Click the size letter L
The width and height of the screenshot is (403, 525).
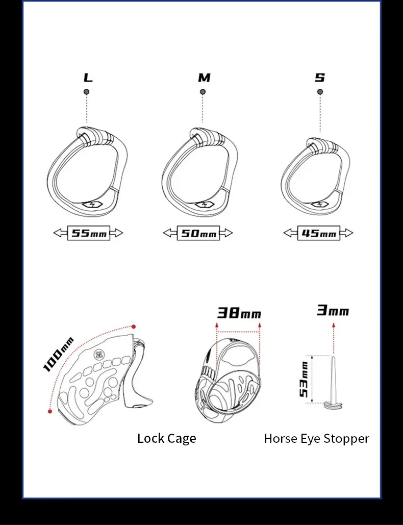coord(88,78)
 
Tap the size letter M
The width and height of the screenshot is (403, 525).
coord(204,78)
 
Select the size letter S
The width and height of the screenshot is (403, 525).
coord(320,78)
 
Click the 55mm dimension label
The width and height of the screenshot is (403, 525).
coord(88,233)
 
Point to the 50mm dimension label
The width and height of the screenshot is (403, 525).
coord(198,234)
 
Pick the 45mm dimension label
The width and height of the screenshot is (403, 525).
coord(318,233)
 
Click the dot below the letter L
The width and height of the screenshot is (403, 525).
coord(87,91)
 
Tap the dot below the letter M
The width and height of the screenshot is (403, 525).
coord(203,92)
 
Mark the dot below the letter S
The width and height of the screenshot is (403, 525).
coord(320,92)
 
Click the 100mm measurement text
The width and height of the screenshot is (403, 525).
coord(58,354)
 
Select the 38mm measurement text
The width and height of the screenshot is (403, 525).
coord(239,313)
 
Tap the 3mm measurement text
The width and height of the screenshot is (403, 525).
coord(333,310)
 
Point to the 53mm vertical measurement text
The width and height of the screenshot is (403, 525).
coord(304,380)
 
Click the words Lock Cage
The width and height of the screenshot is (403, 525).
coord(166,438)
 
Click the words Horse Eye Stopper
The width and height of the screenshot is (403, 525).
coord(316,438)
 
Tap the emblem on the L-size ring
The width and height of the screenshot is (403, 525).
coord(92,206)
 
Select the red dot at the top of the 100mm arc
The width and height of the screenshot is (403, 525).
coord(134,327)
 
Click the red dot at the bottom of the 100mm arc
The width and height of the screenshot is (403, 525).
coord(49,411)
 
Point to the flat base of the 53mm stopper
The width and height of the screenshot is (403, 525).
coord(334,406)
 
